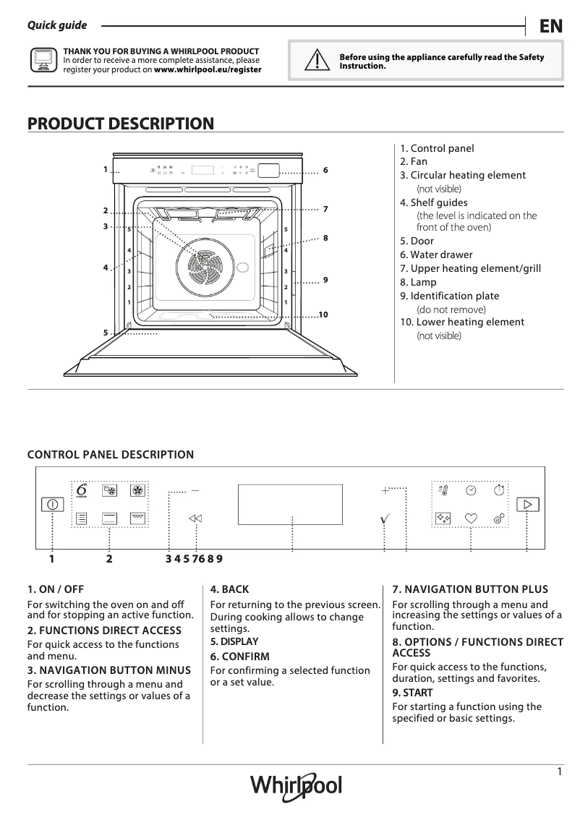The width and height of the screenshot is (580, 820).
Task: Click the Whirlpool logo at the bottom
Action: pyautogui.click(x=296, y=785)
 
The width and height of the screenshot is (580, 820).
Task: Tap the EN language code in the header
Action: pyautogui.click(x=550, y=26)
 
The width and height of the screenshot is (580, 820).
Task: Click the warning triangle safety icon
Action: pyautogui.click(x=315, y=61)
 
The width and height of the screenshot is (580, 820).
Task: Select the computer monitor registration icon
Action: pyautogui.click(x=43, y=61)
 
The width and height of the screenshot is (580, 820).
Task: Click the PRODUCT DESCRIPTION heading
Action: pyautogui.click(x=121, y=124)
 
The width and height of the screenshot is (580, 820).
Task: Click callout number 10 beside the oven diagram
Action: pyautogui.click(x=323, y=315)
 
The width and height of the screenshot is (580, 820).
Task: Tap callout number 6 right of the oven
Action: pyautogui.click(x=325, y=170)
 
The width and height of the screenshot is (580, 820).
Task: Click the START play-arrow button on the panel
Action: pyautogui.click(x=528, y=504)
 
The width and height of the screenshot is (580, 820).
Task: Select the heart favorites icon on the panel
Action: pyautogui.click(x=471, y=518)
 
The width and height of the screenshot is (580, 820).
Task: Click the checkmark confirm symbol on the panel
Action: pyautogui.click(x=385, y=518)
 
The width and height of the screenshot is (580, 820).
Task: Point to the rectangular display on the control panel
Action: pyautogui.click(x=290, y=503)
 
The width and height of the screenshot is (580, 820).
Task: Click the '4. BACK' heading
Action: pyautogui.click(x=229, y=589)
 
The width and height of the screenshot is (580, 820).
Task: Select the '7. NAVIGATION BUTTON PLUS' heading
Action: pyautogui.click(x=469, y=589)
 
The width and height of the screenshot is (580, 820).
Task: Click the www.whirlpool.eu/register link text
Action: pyautogui.click(x=208, y=70)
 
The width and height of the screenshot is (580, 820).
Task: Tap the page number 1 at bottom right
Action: pyautogui.click(x=559, y=772)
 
